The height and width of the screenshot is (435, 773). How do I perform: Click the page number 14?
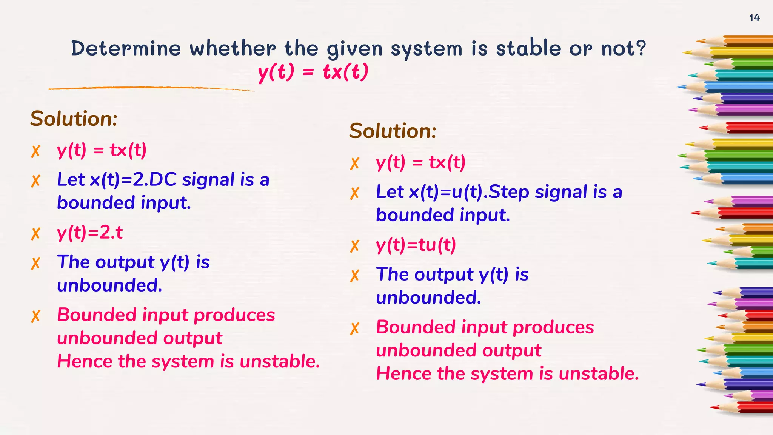[x=754, y=18]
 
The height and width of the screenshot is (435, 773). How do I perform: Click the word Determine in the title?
[x=126, y=48]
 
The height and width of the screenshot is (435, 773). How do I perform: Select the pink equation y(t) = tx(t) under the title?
[x=313, y=72]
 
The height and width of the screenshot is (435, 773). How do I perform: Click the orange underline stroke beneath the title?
[x=151, y=88]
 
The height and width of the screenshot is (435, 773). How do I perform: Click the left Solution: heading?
[x=74, y=119]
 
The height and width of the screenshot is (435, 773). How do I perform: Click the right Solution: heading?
[x=393, y=131]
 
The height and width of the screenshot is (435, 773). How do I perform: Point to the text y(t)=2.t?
[x=90, y=233]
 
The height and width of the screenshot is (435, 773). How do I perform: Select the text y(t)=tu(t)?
[x=416, y=245]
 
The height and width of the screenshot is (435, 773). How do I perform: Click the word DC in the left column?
[x=163, y=180]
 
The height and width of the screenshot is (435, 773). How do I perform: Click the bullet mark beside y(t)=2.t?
[x=35, y=234]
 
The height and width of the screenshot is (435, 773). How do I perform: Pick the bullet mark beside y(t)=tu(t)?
[x=355, y=246]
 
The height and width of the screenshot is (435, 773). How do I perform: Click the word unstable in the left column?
[x=280, y=361]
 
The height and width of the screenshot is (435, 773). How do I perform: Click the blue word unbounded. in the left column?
[x=109, y=285]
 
